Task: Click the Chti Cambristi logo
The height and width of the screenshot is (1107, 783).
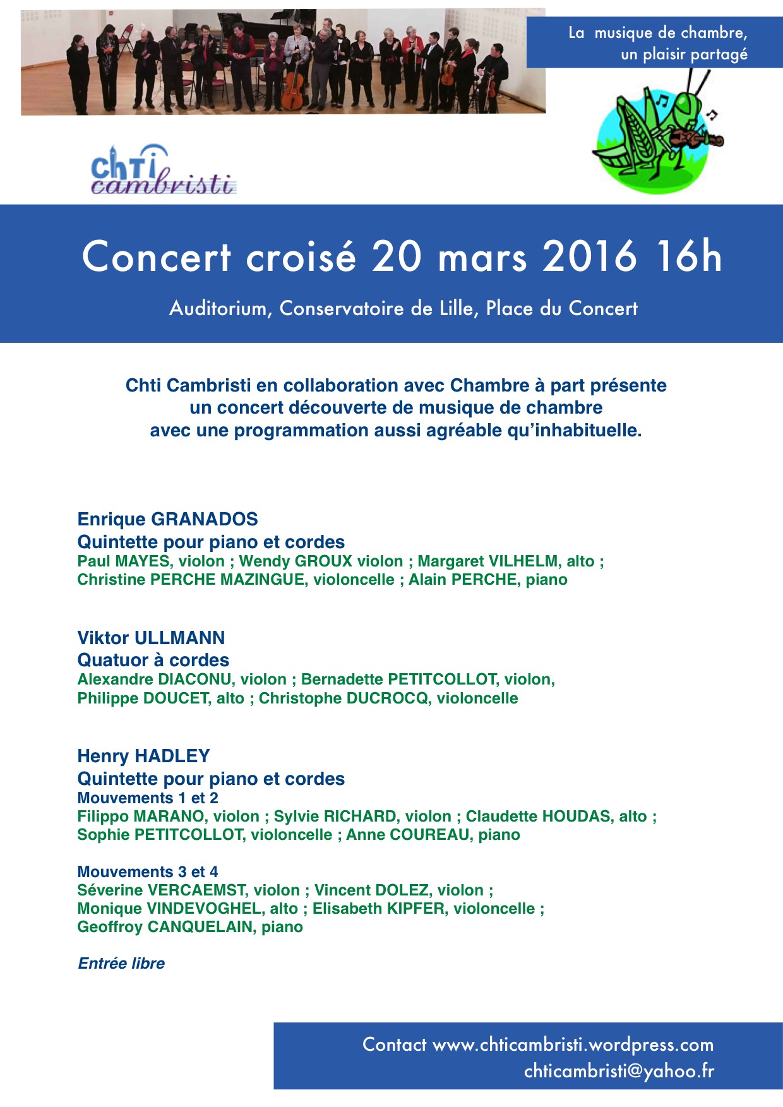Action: [163, 171]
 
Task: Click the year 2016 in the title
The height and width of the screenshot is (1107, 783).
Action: [589, 257]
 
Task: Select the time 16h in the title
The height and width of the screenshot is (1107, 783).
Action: [688, 257]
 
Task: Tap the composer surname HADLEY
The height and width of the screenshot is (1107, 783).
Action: [172, 756]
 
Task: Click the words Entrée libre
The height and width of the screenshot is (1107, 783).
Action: [121, 964]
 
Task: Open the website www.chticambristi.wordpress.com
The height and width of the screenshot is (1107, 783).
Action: [573, 1044]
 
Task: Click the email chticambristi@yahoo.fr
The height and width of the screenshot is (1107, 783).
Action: [619, 1071]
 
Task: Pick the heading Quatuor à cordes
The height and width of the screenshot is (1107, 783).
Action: [153, 660]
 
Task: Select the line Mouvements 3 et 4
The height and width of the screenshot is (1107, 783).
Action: [148, 872]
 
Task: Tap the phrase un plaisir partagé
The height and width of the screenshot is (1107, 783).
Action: [684, 54]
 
